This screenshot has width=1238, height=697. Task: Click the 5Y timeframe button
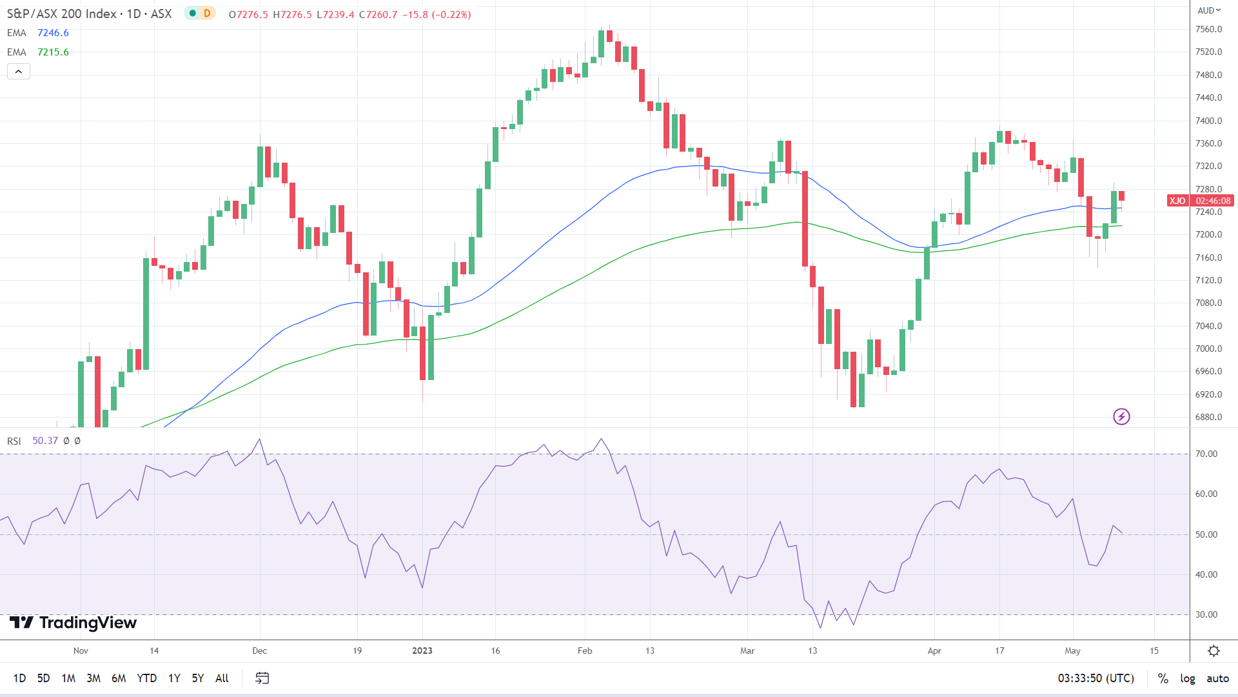click(x=197, y=678)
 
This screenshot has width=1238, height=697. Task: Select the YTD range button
click(x=147, y=678)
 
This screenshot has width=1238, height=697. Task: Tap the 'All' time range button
click(x=222, y=678)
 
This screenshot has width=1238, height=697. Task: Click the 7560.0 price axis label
click(x=1208, y=29)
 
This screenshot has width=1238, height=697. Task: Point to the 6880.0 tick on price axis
click(x=1208, y=417)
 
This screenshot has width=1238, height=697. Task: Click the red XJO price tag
click(x=1177, y=201)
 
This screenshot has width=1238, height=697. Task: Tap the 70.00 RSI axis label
click(x=1206, y=454)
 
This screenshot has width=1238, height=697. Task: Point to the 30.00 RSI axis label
click(x=1206, y=614)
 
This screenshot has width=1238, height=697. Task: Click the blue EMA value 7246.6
click(x=53, y=33)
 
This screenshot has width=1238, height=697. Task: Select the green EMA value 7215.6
click(x=53, y=52)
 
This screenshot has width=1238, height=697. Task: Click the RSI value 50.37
click(x=45, y=441)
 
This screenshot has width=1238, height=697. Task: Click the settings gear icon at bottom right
click(x=1213, y=651)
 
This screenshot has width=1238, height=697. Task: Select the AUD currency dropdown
click(x=1209, y=10)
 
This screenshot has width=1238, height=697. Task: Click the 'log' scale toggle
click(x=1187, y=678)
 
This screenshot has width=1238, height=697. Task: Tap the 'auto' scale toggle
click(x=1217, y=678)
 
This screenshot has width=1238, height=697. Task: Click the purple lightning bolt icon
click(x=1121, y=417)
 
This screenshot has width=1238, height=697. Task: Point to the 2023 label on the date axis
click(x=422, y=651)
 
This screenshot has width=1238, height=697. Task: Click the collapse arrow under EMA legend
click(x=19, y=72)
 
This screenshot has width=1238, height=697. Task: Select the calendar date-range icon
click(x=262, y=678)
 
